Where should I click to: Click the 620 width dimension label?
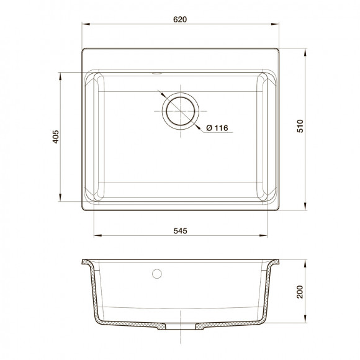(x=181, y=19)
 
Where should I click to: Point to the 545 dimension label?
(x=181, y=231)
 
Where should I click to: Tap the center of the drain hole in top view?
(x=181, y=112)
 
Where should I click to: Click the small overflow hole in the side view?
(x=156, y=273)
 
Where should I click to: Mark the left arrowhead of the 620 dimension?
(x=86, y=25)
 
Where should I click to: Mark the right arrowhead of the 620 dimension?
(x=276, y=25)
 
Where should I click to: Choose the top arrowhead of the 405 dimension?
(x=61, y=74)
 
